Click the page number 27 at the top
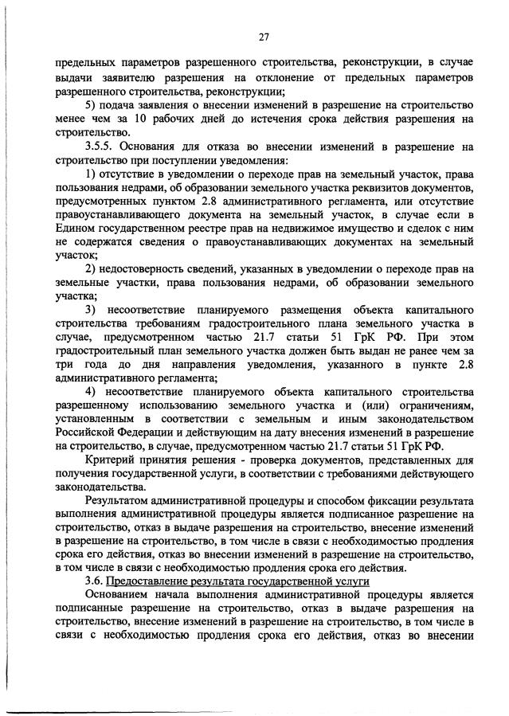click(264, 36)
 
